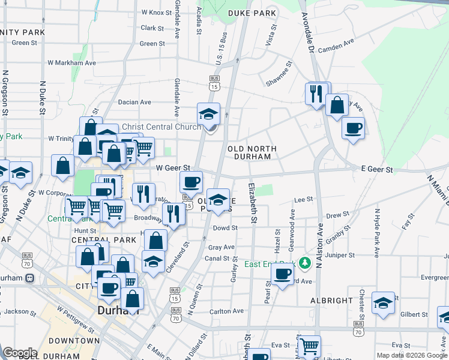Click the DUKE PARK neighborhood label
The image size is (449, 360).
(252, 13)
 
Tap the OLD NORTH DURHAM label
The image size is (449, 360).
(252, 152)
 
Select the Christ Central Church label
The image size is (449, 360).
(161, 127)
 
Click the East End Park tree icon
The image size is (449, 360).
(306, 263)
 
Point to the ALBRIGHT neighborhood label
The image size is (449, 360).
(332, 300)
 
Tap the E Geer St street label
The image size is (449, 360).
(377, 170)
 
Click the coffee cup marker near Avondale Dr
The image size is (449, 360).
(353, 127)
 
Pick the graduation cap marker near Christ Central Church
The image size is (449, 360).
(209, 113)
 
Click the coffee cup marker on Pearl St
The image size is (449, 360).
(282, 274)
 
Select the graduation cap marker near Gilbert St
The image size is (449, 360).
(382, 303)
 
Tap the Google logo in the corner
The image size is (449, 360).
(20, 352)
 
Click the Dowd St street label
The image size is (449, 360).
(225, 228)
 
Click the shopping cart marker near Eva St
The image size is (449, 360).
(309, 346)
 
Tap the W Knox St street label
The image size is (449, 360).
(156, 12)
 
